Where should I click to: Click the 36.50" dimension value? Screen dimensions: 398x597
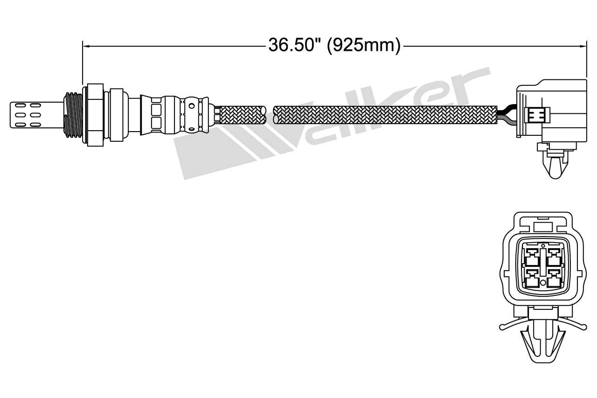pos(295,46)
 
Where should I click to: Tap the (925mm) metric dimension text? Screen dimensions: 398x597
pos(364,46)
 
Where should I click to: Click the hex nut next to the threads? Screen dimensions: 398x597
pos(93,114)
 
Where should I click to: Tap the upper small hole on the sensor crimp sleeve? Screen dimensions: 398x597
pos(192,106)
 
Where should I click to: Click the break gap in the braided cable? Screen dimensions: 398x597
pos(270,115)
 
